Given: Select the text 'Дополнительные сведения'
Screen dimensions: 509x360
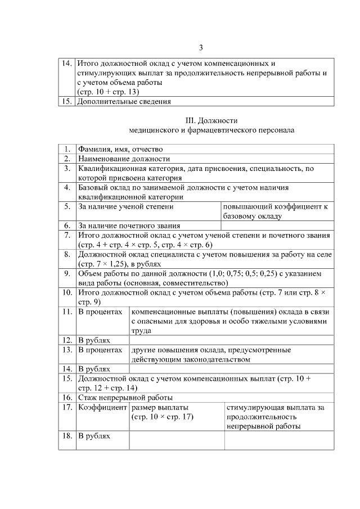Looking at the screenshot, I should click(124, 102).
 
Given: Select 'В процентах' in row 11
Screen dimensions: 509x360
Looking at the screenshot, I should click(100, 312).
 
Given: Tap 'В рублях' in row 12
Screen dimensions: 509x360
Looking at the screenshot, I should click(94, 340).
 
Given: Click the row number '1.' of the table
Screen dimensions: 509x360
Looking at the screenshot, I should click(67, 149).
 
